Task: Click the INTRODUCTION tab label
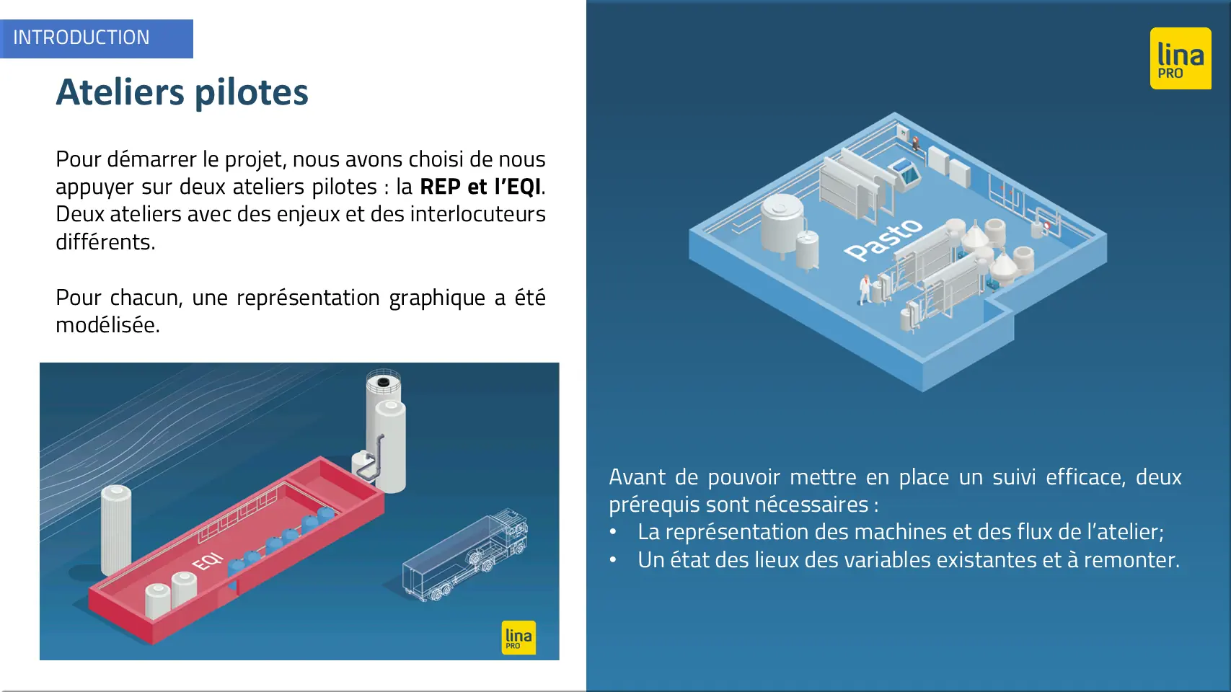click(x=81, y=37)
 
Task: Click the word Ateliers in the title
click(x=120, y=92)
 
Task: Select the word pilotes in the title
click(x=252, y=93)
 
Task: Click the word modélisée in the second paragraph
click(x=107, y=325)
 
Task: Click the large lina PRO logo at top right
click(x=1181, y=58)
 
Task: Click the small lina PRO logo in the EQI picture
click(x=519, y=637)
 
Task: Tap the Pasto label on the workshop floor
click(x=883, y=239)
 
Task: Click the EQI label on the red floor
click(x=208, y=562)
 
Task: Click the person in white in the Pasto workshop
click(x=865, y=289)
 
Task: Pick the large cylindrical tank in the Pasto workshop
click(x=782, y=225)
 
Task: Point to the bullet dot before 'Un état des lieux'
click(x=613, y=560)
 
